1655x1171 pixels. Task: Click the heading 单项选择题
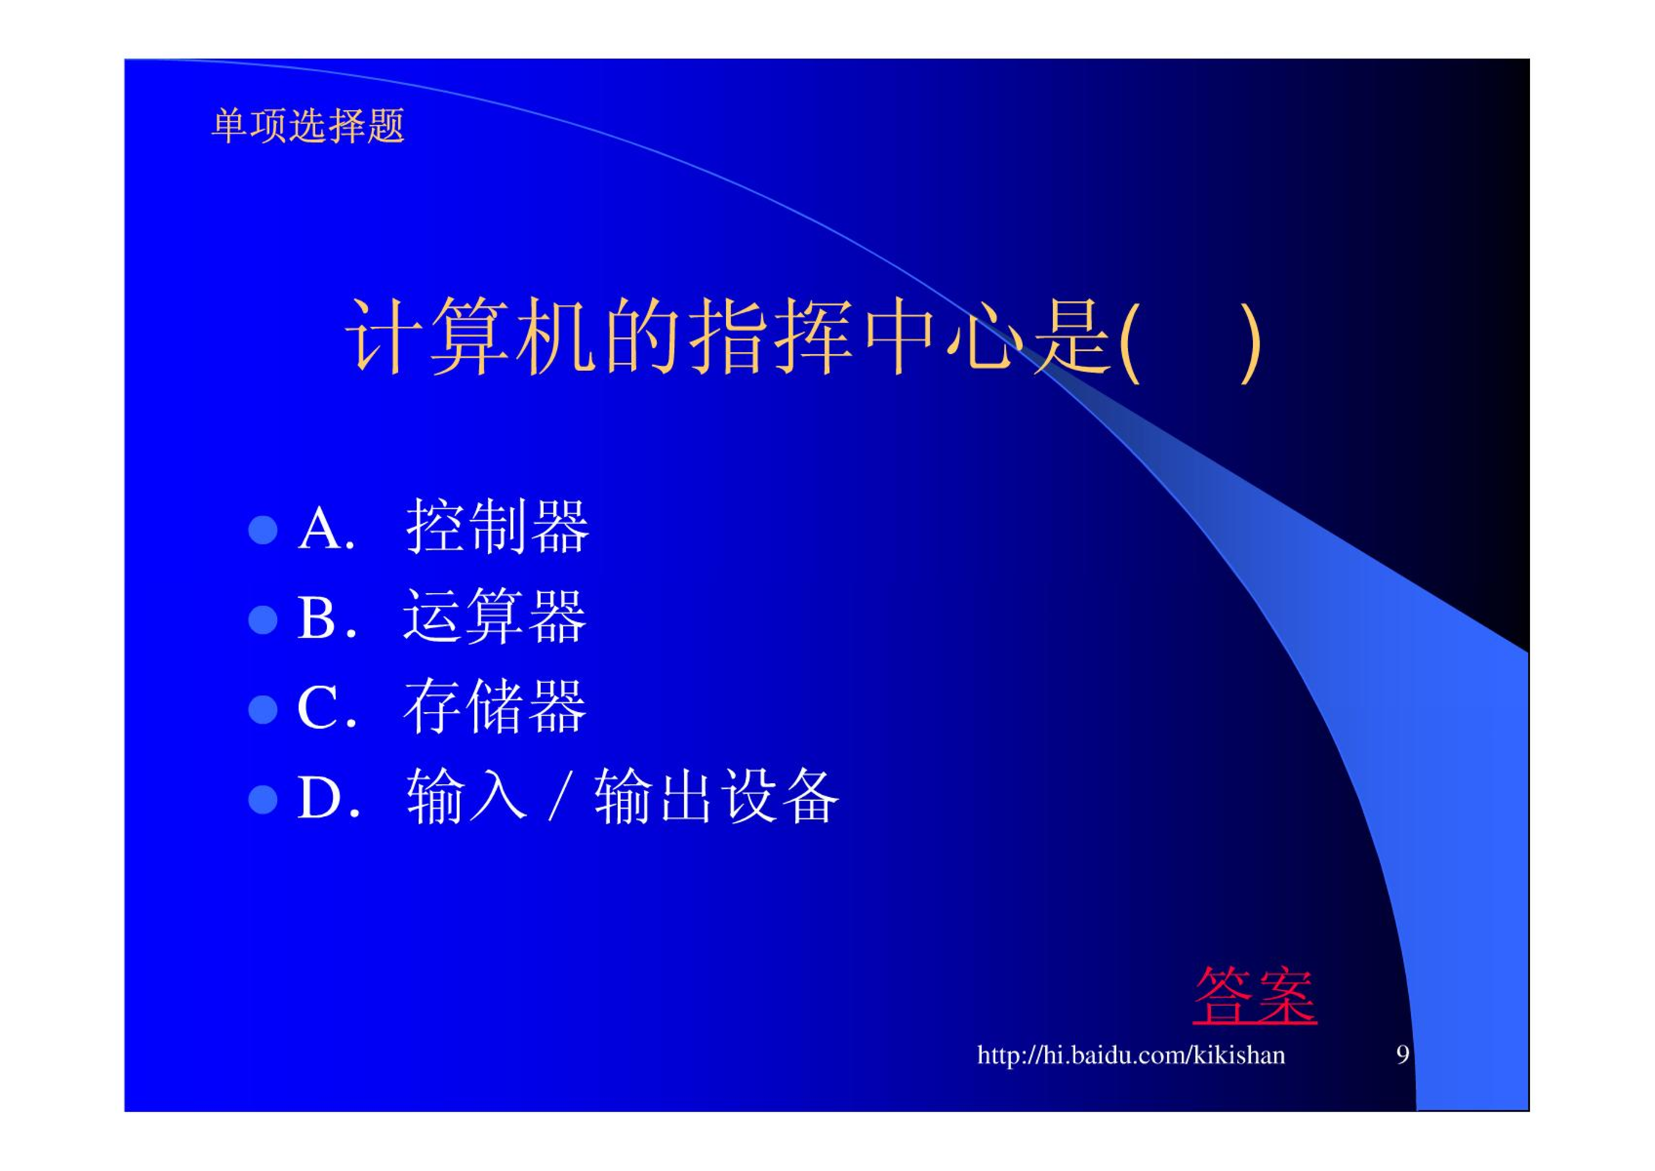pyautogui.click(x=308, y=126)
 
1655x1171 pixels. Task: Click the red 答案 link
pyautogui.click(x=1254, y=996)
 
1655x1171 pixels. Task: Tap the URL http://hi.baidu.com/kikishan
pyautogui.click(x=1130, y=1056)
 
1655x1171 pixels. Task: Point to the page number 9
pyautogui.click(x=1402, y=1055)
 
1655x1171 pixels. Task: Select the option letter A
pyautogui.click(x=320, y=528)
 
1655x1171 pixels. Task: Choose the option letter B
pyautogui.click(x=317, y=618)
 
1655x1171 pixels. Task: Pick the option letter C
pyautogui.click(x=317, y=707)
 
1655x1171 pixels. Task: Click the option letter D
pyautogui.click(x=320, y=798)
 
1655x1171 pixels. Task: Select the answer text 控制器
pyautogui.click(x=498, y=526)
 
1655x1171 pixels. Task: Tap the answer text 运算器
pyautogui.click(x=495, y=616)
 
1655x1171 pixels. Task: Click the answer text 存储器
pyautogui.click(x=495, y=706)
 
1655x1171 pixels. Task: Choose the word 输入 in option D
pyautogui.click(x=467, y=796)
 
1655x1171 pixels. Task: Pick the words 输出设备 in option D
pyautogui.click(x=717, y=796)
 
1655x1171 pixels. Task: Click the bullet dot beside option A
pyautogui.click(x=263, y=530)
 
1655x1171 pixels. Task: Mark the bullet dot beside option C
pyautogui.click(x=263, y=710)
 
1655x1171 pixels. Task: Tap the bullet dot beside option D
pyautogui.click(x=263, y=799)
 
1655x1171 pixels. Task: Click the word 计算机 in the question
pyautogui.click(x=470, y=336)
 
